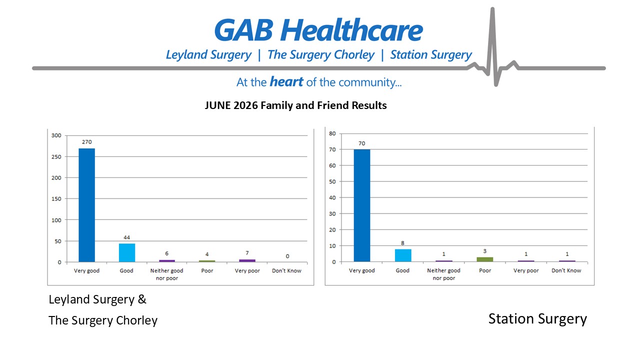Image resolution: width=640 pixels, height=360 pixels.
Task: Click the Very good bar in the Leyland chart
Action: coord(87,205)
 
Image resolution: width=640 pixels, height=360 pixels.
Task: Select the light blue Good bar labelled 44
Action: coord(127,253)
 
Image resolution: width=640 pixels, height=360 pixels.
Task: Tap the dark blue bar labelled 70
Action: coord(361,205)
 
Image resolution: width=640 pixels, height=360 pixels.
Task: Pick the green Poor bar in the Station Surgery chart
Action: coord(485,259)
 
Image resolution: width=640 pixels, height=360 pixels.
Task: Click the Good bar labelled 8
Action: coord(403,255)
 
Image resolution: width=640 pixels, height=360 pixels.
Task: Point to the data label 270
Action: coord(87,142)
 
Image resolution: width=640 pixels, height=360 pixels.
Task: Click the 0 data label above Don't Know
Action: coord(287,256)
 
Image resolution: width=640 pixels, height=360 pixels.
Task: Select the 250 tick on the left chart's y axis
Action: coord(56,157)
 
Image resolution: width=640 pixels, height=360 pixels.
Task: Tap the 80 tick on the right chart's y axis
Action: coord(332,133)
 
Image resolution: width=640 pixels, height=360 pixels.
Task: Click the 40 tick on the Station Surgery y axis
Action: coord(332,197)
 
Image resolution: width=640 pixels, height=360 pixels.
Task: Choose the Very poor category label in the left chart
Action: coord(247,270)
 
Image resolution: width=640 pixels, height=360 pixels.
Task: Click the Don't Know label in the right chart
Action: coord(566,270)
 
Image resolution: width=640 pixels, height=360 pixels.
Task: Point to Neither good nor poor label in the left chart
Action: coord(167,274)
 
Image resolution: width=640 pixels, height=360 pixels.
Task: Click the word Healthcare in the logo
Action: coord(351,30)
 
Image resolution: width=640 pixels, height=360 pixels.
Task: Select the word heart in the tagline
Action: coord(286,82)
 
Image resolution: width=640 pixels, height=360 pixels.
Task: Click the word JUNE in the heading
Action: coord(217,105)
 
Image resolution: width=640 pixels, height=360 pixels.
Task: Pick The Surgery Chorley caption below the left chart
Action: coord(103,320)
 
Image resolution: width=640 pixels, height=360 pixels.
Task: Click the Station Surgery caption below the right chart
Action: coord(537,319)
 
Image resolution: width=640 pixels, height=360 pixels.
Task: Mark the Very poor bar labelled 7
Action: coord(247,260)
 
